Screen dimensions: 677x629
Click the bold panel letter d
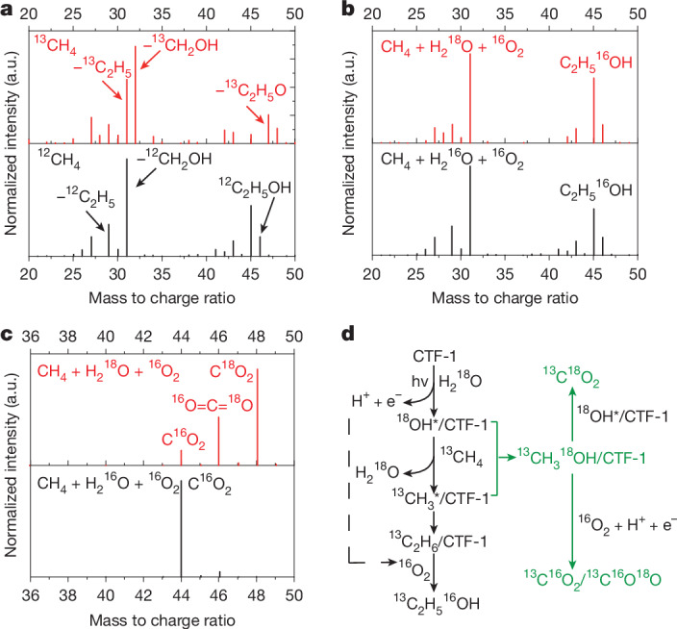pyautogui.click(x=347, y=334)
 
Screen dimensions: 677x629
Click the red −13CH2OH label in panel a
pyautogui.click(x=181, y=43)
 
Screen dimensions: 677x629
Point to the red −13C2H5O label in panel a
pyautogui.click(x=251, y=89)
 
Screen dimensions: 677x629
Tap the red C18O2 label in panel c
pyautogui.click(x=232, y=371)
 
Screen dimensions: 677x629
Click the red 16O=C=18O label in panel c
pyautogui.click(x=213, y=404)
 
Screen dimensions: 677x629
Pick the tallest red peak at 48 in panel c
pyautogui.click(x=258, y=416)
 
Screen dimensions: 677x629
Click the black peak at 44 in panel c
pyautogui.click(x=182, y=528)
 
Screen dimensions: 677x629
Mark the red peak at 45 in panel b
pyautogui.click(x=593, y=110)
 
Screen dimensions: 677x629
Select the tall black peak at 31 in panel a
pyautogui.click(x=127, y=207)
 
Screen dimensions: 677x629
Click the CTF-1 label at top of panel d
pyautogui.click(x=435, y=356)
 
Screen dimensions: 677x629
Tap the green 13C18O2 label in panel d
pyautogui.click(x=571, y=377)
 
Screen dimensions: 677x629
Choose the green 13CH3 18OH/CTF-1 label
pyautogui.click(x=582, y=458)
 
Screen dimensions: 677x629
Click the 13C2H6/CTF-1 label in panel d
pyautogui.click(x=438, y=541)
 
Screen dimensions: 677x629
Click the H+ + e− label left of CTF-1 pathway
pyautogui.click(x=377, y=400)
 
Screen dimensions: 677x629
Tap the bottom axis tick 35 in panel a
pyautogui.click(x=162, y=274)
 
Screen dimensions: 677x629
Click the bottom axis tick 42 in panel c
pyautogui.click(x=143, y=595)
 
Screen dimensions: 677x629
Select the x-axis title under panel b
pyautogui.click(x=505, y=298)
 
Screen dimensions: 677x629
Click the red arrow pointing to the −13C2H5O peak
pyautogui.click(x=255, y=114)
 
